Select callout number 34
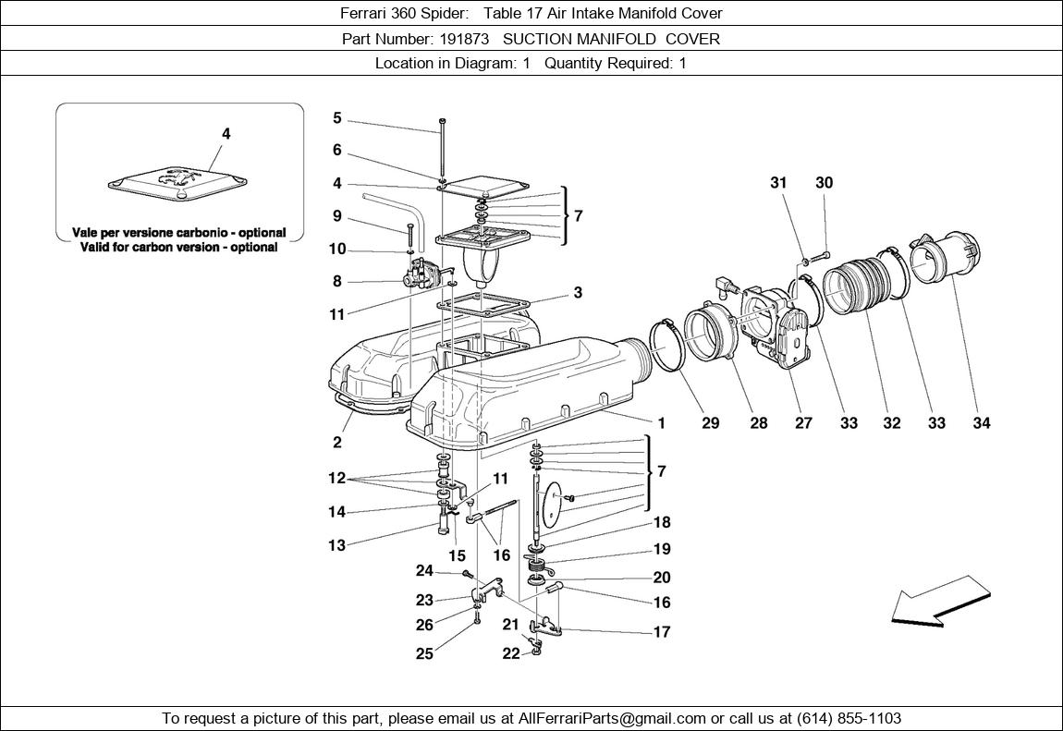pyautogui.click(x=981, y=423)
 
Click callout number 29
pyautogui.click(x=710, y=423)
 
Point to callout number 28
pyautogui.click(x=758, y=423)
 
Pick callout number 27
pyautogui.click(x=803, y=423)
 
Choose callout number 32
pyautogui.click(x=891, y=423)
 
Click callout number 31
pyautogui.click(x=778, y=183)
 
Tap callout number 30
pyautogui.click(x=824, y=183)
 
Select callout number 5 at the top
pyautogui.click(x=337, y=118)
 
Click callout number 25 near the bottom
pyautogui.click(x=424, y=654)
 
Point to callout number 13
pyautogui.click(x=337, y=545)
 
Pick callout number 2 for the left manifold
pyautogui.click(x=337, y=443)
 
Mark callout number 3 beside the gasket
pyautogui.click(x=578, y=293)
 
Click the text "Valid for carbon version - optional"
pyautogui.click(x=179, y=247)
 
